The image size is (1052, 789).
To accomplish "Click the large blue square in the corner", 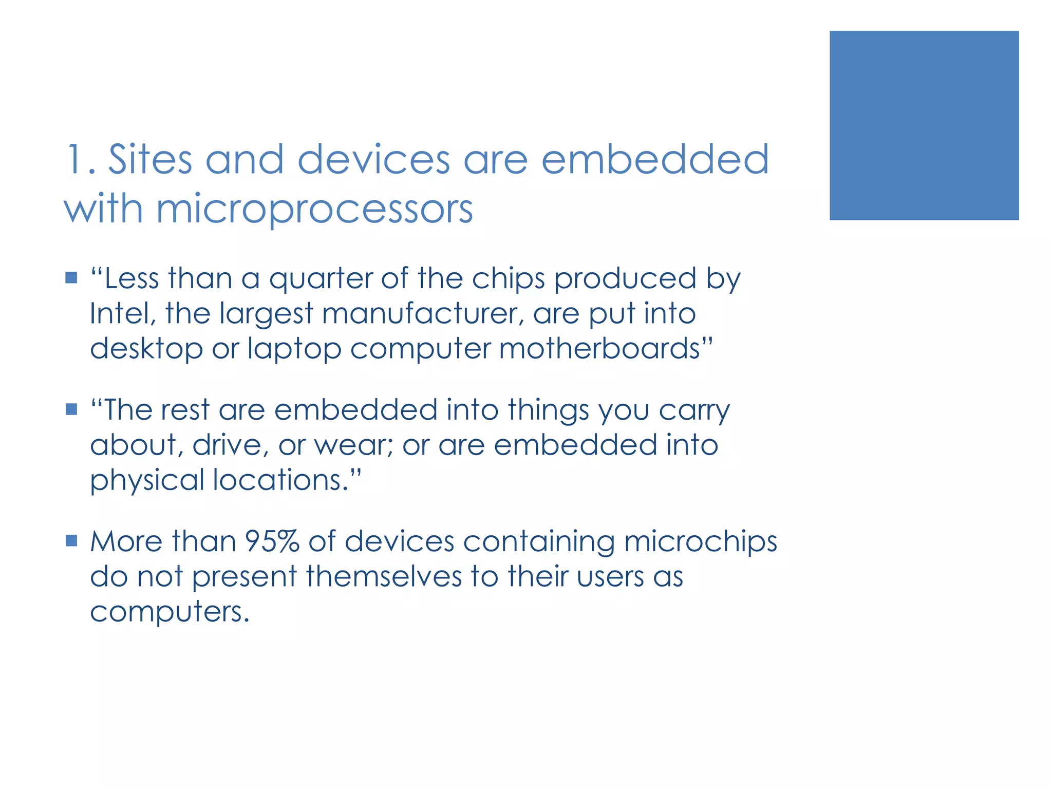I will tap(924, 125).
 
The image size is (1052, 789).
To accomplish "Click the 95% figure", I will tap(272, 541).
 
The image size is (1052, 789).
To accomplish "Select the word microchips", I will tap(701, 542).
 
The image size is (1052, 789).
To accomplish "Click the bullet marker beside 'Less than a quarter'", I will tap(71, 278).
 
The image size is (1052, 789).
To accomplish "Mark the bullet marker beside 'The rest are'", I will tap(71, 409).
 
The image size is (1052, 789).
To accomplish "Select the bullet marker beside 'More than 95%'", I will tap(71, 540).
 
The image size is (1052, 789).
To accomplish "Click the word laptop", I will tap(294, 349).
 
